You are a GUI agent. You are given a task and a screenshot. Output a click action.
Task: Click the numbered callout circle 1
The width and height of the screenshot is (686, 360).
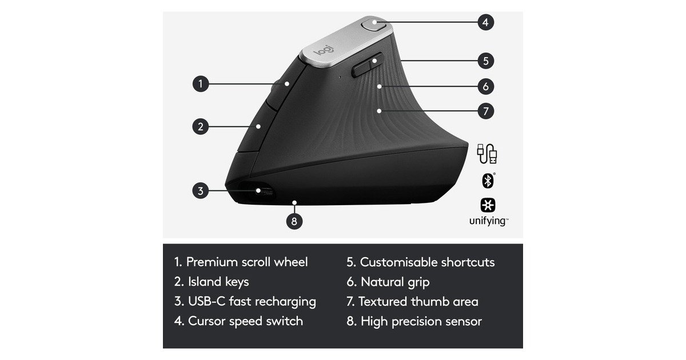click(201, 83)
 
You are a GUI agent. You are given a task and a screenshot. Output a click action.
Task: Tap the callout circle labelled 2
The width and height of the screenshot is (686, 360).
click(201, 126)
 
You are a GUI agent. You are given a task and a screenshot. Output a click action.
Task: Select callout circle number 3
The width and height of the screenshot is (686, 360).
click(201, 191)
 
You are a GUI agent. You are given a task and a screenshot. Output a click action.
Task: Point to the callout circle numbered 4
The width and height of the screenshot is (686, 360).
click(486, 22)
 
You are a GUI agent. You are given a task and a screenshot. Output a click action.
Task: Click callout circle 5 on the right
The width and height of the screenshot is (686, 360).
click(486, 61)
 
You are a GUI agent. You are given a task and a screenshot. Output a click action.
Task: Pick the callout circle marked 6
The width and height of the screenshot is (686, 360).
click(486, 86)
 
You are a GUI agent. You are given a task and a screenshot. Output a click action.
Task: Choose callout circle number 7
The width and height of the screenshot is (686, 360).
click(486, 111)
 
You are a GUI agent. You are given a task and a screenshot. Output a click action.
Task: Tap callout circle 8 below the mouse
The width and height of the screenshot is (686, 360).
click(294, 221)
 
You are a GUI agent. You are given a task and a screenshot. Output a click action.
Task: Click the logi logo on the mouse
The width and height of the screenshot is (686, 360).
click(324, 50)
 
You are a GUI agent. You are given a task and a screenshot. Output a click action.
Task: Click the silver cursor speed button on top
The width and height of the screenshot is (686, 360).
click(373, 24)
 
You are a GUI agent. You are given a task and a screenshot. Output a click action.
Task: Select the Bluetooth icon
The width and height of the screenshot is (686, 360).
click(488, 181)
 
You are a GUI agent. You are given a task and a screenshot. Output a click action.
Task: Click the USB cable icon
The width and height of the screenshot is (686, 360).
click(487, 154)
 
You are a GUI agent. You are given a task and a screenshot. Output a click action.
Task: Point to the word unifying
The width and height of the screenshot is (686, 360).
click(488, 221)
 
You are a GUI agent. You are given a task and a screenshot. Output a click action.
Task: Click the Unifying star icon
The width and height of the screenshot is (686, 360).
click(488, 205)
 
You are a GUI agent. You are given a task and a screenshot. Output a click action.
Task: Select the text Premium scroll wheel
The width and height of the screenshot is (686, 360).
click(247, 262)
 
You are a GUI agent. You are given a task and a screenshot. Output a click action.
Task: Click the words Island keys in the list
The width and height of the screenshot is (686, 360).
click(218, 282)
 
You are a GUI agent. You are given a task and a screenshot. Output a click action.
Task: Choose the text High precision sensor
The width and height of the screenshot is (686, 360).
click(421, 321)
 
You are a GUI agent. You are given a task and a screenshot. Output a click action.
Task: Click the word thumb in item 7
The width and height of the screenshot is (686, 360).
click(429, 302)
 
